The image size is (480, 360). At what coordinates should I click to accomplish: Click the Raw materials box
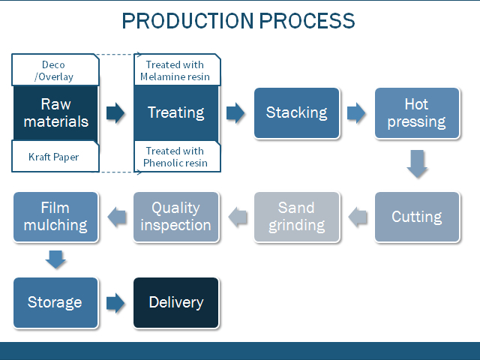[x=55, y=113]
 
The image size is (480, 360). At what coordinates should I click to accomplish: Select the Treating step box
[x=176, y=113]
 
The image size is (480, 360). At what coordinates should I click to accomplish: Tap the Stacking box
[x=297, y=113]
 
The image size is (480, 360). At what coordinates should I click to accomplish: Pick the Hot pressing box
[x=417, y=113]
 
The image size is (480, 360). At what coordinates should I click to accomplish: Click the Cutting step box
[x=417, y=217]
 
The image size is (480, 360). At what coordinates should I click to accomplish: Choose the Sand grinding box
[x=297, y=217]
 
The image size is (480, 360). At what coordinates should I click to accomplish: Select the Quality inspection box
[x=176, y=217]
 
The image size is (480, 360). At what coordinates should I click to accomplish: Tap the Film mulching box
[x=55, y=217]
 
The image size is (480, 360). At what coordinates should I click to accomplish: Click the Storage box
[x=55, y=302]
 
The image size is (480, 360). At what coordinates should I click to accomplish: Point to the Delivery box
[x=176, y=302]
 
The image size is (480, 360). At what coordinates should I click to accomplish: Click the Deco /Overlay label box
[x=55, y=70]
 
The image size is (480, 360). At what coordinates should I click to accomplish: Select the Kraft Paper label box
[x=55, y=157]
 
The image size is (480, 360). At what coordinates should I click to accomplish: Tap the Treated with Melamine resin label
[x=177, y=70]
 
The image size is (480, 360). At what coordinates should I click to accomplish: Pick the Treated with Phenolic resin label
[x=177, y=157]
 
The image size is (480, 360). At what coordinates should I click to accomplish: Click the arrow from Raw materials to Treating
[x=115, y=113]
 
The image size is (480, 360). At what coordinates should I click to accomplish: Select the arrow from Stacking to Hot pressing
[x=356, y=113]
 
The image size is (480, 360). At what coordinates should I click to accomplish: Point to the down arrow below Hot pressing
[x=417, y=163]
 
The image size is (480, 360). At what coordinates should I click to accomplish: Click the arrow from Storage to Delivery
[x=115, y=303]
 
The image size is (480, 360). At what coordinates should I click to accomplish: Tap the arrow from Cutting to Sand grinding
[x=358, y=217]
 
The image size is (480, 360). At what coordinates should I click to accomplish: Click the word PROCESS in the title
[x=307, y=21]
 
